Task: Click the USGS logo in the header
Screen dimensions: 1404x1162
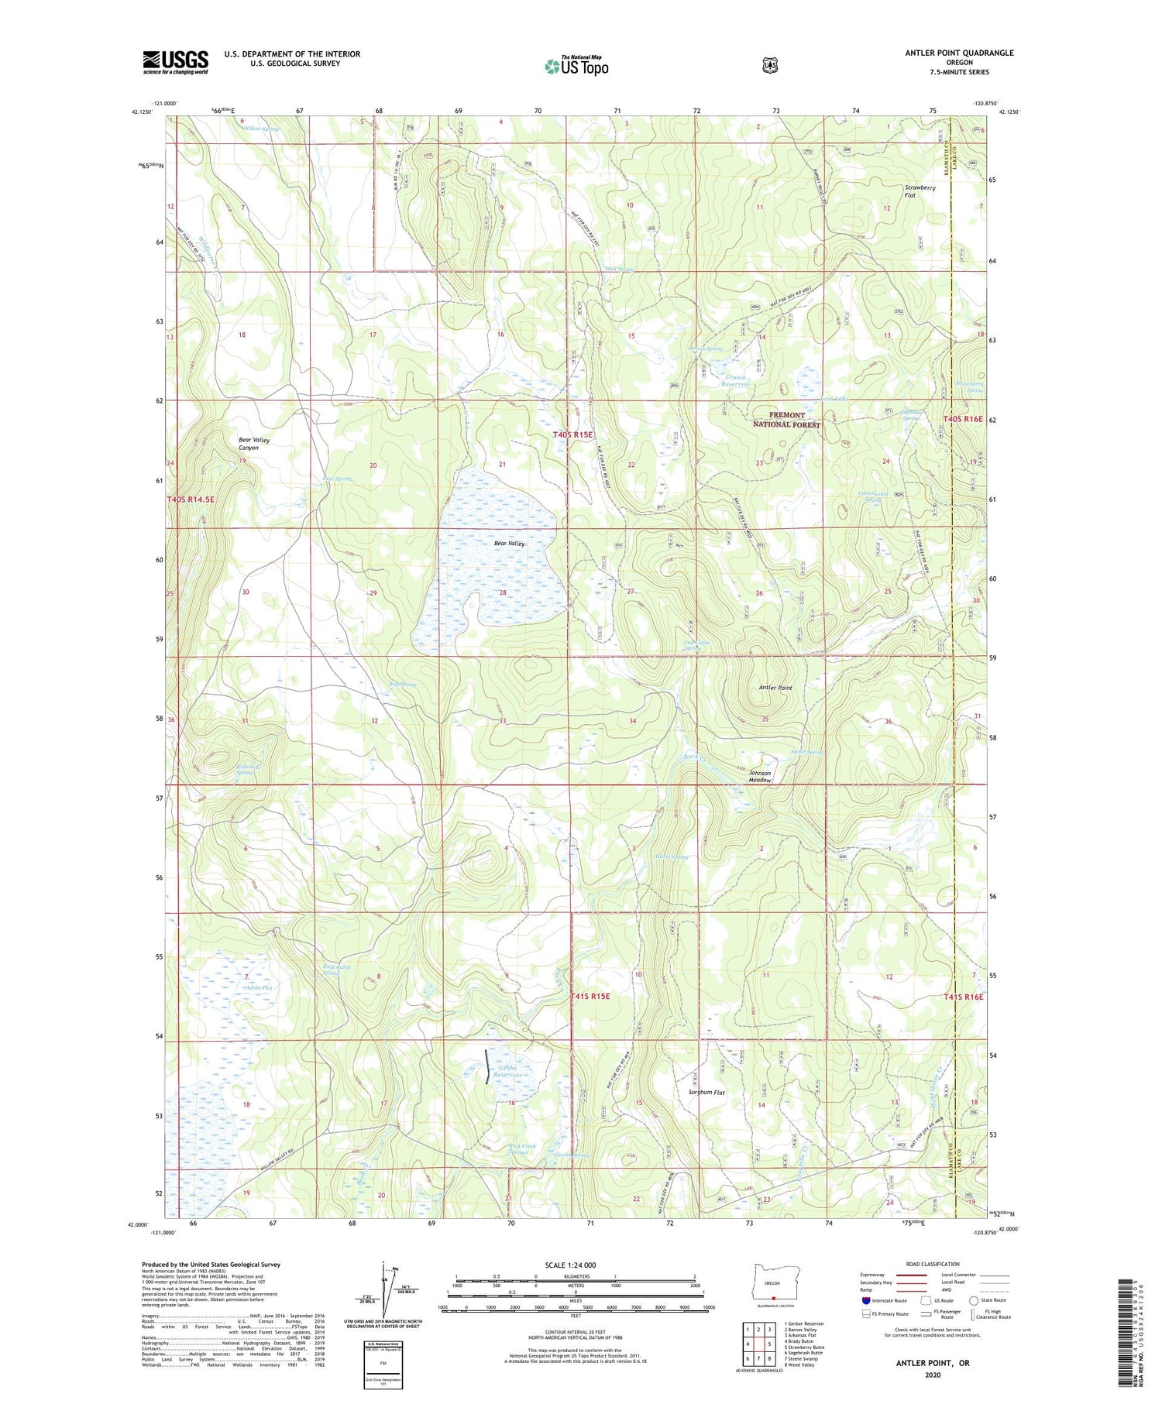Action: coord(176,62)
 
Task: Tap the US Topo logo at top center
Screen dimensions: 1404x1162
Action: coord(577,66)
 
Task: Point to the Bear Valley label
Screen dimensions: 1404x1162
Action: coord(510,544)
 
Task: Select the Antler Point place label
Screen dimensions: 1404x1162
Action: coord(775,688)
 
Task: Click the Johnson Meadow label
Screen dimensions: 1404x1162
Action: coord(759,777)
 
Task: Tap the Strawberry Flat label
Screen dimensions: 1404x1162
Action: coord(920,191)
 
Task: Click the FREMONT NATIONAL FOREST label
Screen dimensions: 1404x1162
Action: coord(786,420)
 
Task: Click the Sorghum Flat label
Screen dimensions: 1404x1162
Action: coord(706,1093)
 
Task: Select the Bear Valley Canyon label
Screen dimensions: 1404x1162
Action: coord(254,444)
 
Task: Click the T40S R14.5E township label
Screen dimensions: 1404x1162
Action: coord(191,500)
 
